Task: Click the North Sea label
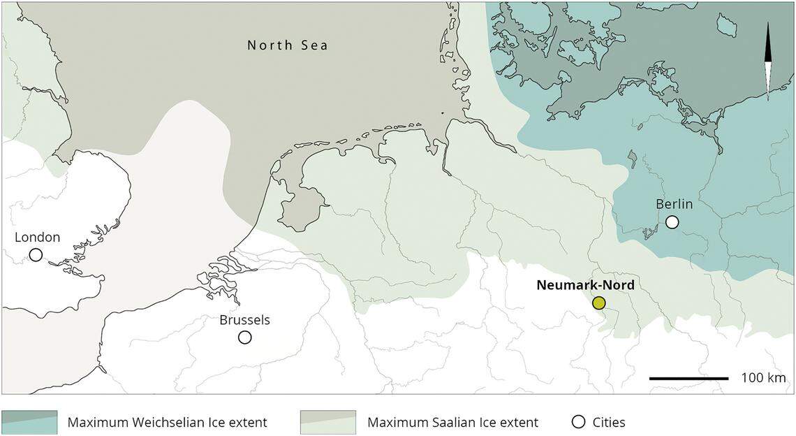point(288,46)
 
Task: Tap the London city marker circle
point(36,254)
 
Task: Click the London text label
point(38,238)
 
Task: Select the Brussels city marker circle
point(244,337)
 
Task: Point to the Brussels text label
point(244,321)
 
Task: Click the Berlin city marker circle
point(672,222)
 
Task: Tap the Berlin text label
point(674,205)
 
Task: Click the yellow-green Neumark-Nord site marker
point(598,303)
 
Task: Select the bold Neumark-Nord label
point(585,285)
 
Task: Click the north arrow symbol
point(768,61)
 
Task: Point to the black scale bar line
point(688,378)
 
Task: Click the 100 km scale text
point(763,378)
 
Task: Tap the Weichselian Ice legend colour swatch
point(29,422)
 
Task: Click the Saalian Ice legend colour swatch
point(327,422)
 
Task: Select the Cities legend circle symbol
point(577,422)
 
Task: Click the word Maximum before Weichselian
point(93,422)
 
